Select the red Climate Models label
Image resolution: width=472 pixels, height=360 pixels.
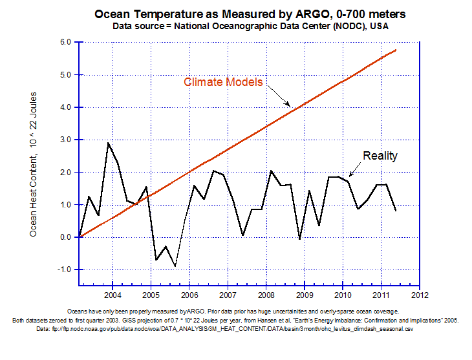coord(222,82)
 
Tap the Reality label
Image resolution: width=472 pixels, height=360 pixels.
coord(380,156)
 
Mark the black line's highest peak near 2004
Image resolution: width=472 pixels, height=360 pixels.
coord(108,143)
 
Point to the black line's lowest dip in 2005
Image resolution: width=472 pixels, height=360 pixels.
coord(175,266)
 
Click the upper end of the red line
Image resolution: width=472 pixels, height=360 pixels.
coord(396,50)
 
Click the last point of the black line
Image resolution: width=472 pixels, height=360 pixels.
coord(396,211)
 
